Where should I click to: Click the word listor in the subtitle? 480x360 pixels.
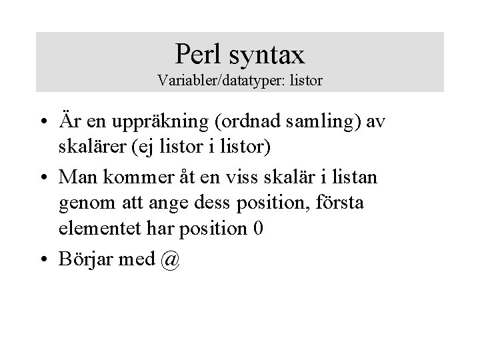click(x=305, y=81)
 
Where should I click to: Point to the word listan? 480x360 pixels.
click(x=355, y=178)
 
